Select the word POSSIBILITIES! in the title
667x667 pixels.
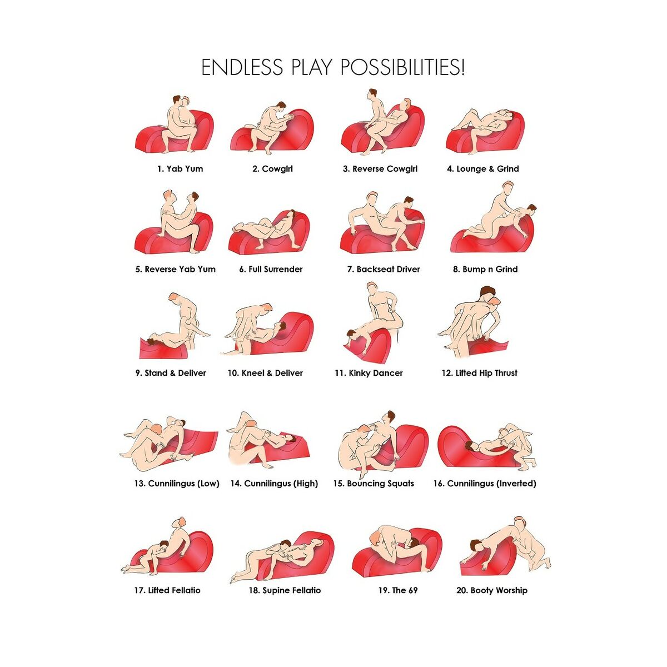coord(402,67)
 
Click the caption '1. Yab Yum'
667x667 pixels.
coord(180,169)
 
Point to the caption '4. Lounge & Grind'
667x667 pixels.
coord(483,169)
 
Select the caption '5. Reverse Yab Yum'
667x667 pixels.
coord(176,269)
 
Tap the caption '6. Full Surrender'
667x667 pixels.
coord(271,269)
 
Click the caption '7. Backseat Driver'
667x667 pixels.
coord(384,269)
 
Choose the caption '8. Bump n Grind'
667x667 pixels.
coord(485,269)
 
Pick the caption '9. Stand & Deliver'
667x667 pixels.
coord(171,373)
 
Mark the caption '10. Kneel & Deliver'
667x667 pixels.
coord(265,373)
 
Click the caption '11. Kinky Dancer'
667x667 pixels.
coord(369,373)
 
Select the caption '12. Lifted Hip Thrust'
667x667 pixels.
coord(479,373)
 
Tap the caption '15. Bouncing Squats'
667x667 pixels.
coord(374,484)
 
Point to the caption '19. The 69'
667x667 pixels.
coord(398,590)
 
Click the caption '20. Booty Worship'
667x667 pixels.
coord(492,590)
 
